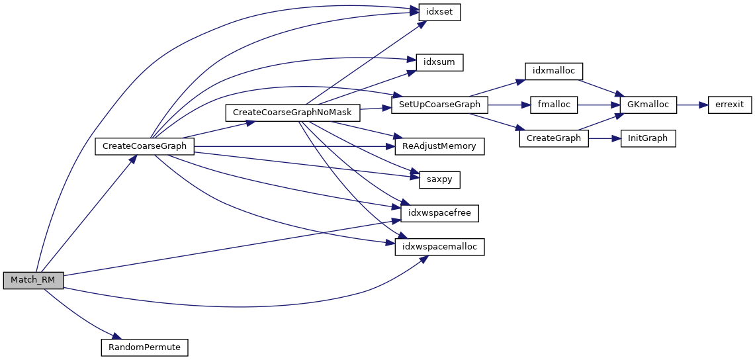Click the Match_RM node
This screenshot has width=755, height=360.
33,281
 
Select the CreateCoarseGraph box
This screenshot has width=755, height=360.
144,146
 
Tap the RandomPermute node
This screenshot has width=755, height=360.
144,347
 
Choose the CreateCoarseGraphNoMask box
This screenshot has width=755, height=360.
292,112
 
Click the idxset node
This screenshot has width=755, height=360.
439,12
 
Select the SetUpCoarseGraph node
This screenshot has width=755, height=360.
440,105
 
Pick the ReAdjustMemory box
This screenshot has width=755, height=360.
439,146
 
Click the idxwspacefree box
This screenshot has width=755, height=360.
439,213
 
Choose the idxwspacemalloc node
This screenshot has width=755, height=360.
440,247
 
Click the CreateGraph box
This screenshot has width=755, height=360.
554,138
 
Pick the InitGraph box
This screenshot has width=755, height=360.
648,138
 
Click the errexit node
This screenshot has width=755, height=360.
729,105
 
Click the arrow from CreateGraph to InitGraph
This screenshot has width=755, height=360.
604,138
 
